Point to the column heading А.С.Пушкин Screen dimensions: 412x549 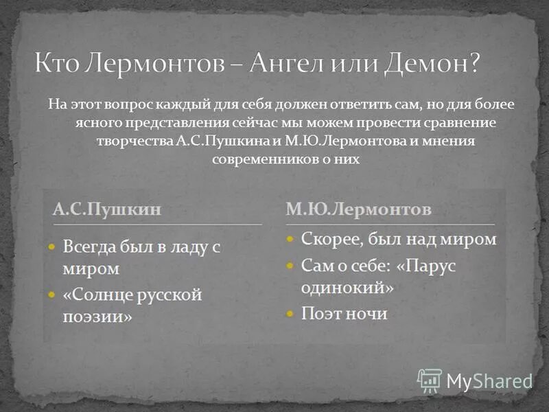pos(107,209)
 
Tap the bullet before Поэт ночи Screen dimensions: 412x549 pos(290,314)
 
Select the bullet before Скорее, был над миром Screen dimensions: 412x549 pos(290,240)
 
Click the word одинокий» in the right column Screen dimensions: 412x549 pos(347,287)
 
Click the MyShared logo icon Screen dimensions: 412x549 pos(430,380)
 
